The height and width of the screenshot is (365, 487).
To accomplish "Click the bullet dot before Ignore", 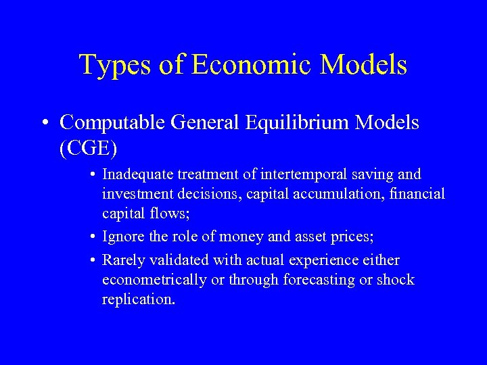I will [91, 237].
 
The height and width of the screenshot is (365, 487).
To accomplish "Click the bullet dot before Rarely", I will [91, 260].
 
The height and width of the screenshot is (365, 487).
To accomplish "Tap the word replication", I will [138, 299].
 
